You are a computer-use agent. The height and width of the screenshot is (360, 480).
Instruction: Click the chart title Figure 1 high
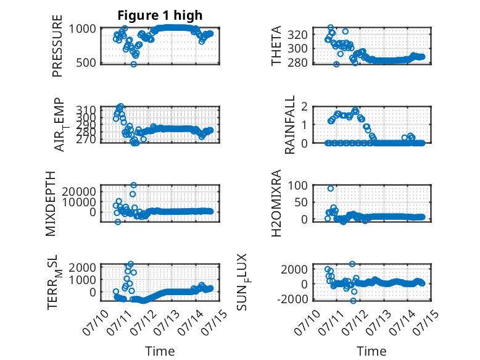(x=160, y=15)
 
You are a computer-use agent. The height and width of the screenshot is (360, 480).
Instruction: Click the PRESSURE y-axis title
(x=57, y=46)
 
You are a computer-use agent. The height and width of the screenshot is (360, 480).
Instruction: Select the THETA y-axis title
(x=276, y=46)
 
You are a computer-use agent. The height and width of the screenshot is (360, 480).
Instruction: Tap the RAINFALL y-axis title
(x=289, y=124)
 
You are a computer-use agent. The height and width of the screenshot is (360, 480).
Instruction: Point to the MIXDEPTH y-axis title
(x=51, y=203)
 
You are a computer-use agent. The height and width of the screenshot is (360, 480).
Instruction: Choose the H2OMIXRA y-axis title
(x=276, y=203)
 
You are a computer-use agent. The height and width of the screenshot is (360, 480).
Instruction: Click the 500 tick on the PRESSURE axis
(x=86, y=62)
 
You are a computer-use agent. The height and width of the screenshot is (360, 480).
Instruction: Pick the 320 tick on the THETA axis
(x=297, y=35)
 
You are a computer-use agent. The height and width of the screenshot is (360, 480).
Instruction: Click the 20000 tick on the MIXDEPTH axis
(x=80, y=191)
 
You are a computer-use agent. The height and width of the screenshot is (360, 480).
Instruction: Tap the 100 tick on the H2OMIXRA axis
(x=297, y=185)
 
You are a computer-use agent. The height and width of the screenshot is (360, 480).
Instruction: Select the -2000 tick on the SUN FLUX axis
(x=292, y=299)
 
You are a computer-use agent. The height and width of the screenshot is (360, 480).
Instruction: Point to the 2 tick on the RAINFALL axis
(x=304, y=107)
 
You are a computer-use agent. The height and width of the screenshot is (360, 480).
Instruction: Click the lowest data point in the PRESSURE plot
(x=133, y=64)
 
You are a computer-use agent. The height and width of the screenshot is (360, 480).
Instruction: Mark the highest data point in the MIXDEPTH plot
(x=133, y=185)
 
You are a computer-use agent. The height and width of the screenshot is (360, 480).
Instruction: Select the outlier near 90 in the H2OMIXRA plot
(x=330, y=188)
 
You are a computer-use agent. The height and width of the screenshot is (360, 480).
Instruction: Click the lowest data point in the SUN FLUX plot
(x=354, y=301)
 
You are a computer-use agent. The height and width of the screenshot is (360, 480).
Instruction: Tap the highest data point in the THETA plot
(x=330, y=28)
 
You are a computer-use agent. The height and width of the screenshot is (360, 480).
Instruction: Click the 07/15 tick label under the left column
(x=215, y=322)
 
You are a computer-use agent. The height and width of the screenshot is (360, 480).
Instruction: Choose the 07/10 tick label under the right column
(x=308, y=322)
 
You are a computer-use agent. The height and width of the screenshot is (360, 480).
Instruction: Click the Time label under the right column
(x=371, y=351)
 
